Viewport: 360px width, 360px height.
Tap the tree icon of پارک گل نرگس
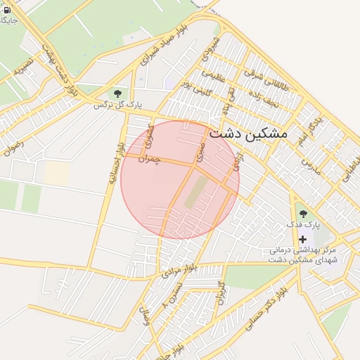(117, 93)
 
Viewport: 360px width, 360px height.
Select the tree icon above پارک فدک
(303, 213)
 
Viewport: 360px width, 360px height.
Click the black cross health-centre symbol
(303, 239)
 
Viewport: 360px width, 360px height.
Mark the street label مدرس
(311, 166)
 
